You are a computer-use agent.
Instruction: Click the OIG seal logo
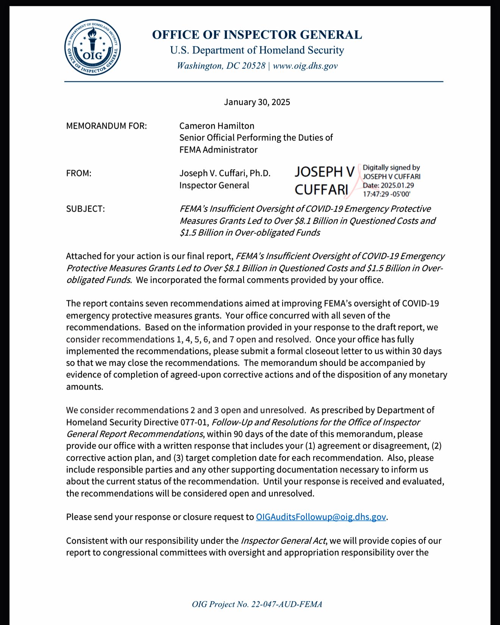[x=92, y=47]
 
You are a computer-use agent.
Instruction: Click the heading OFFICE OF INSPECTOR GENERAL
[x=257, y=35]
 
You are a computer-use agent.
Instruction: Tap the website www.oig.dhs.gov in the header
[x=305, y=66]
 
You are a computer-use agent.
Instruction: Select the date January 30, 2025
[x=257, y=102]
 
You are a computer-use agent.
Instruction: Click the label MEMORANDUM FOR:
[x=106, y=126]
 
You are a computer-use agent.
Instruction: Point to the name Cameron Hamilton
[x=217, y=126]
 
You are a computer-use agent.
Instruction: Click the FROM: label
[x=79, y=173]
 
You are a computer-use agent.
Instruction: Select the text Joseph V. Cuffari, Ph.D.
[x=225, y=173]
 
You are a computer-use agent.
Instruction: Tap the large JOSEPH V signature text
[x=324, y=172]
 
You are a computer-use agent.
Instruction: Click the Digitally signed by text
[x=391, y=168]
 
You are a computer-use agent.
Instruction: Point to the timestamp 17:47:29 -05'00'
[x=386, y=194]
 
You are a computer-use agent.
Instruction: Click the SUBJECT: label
[x=85, y=209]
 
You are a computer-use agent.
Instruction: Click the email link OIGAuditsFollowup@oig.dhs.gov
[x=321, y=517]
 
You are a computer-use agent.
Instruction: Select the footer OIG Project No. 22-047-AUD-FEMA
[x=257, y=604]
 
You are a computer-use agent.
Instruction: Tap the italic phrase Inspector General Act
[x=283, y=541]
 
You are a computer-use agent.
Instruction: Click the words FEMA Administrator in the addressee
[x=218, y=150]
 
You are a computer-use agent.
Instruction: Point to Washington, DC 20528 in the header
[x=221, y=66]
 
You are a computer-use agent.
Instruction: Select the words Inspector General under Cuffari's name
[x=214, y=185]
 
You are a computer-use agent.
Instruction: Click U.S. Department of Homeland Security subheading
[x=257, y=50]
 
